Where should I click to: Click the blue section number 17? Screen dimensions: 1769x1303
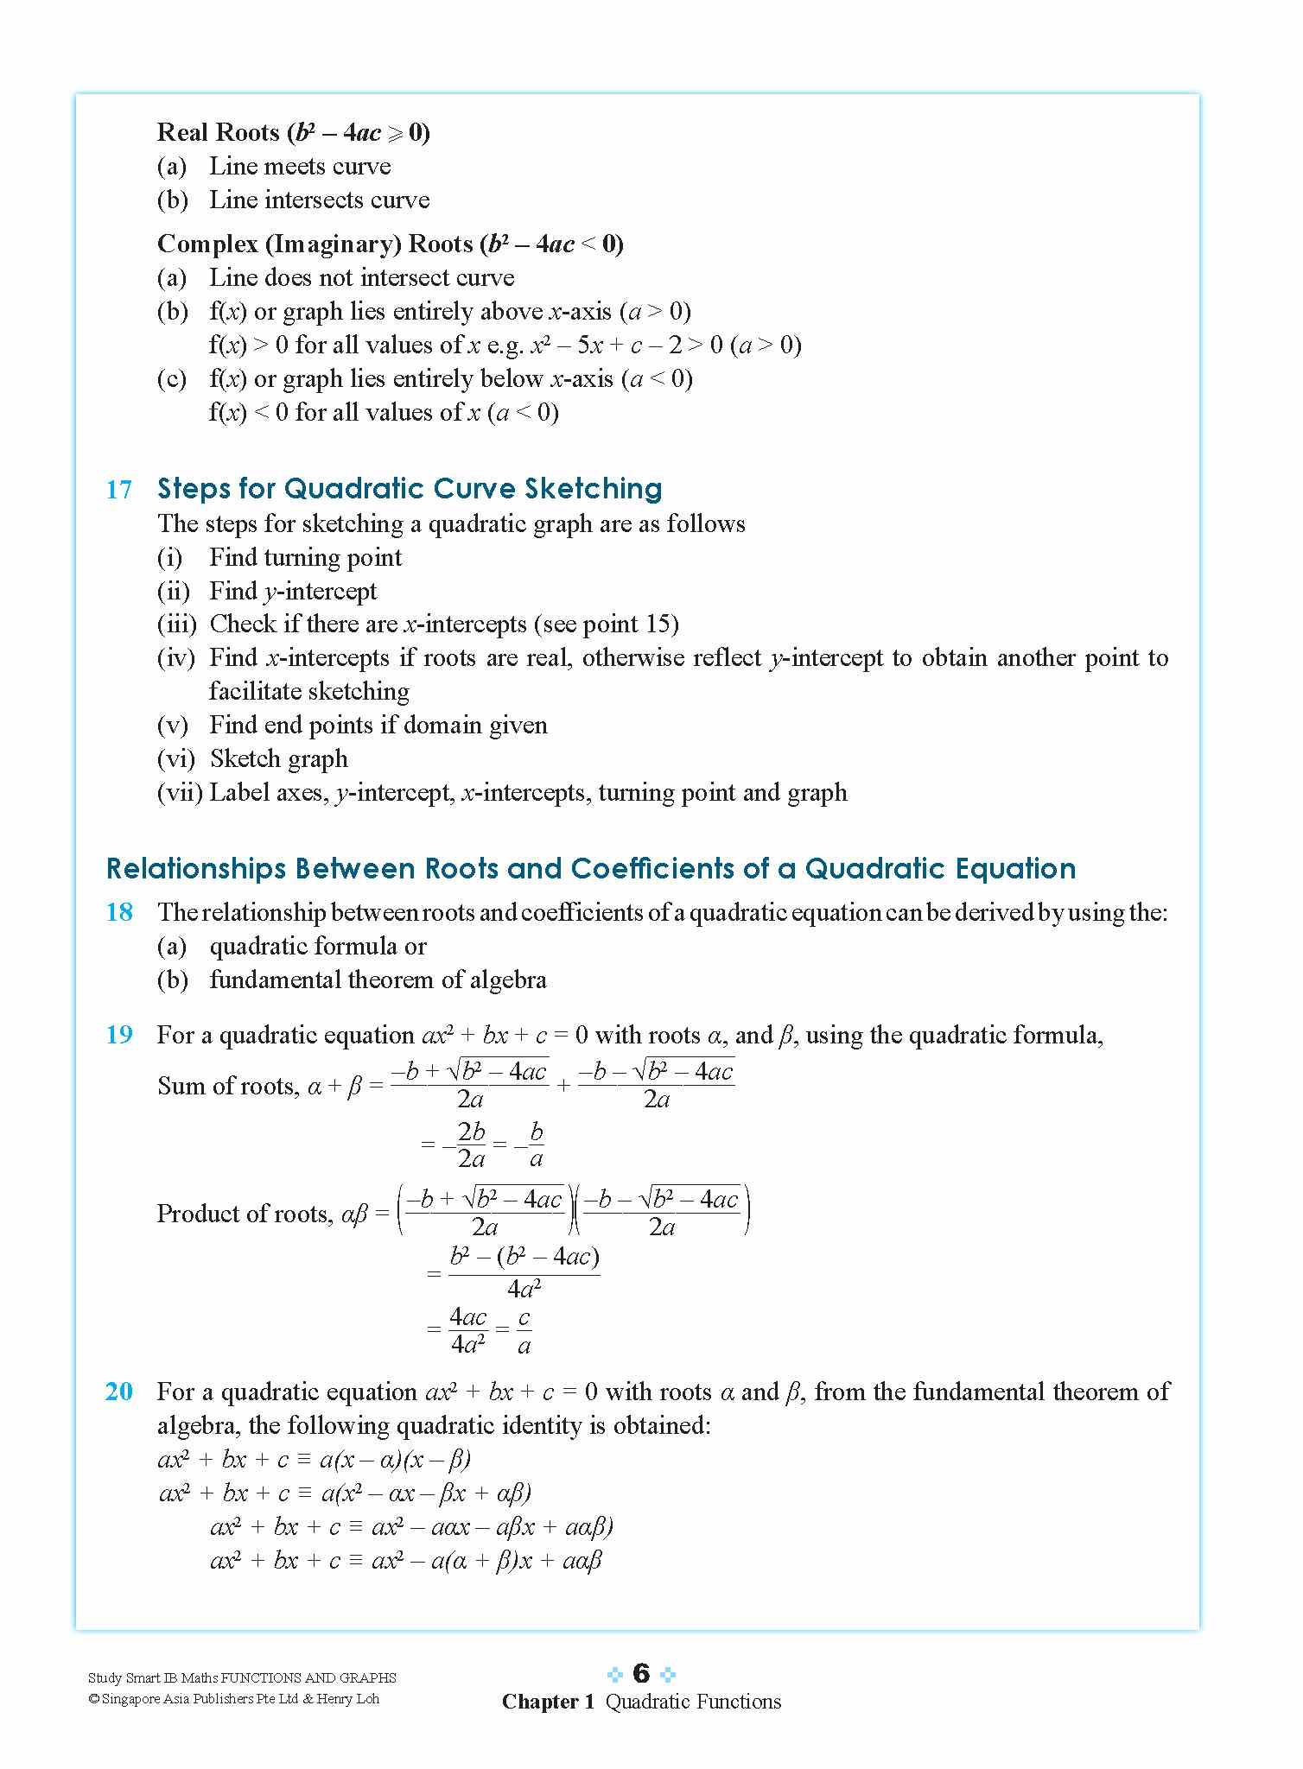pyautogui.click(x=119, y=490)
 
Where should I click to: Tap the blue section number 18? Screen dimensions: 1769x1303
pyautogui.click(x=119, y=912)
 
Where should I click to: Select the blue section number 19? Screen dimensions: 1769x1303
pyautogui.click(x=119, y=1035)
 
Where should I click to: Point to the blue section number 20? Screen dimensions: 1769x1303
pyautogui.click(x=119, y=1392)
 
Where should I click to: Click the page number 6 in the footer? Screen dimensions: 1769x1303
pyautogui.click(x=640, y=1673)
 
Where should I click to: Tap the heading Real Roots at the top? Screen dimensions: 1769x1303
pyautogui.click(x=218, y=132)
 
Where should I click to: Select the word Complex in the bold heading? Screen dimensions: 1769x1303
pyautogui.click(x=207, y=244)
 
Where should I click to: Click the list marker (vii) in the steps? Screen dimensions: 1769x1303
pyautogui.click(x=180, y=793)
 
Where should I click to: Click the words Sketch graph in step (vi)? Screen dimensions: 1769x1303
pyautogui.click(x=278, y=759)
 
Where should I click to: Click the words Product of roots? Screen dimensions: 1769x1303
pyautogui.click(x=245, y=1214)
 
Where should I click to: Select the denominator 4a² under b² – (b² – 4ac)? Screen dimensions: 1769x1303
pyautogui.click(x=524, y=1290)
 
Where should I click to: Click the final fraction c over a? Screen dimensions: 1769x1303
pyautogui.click(x=524, y=1332)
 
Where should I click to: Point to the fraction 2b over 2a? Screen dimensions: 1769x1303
pyautogui.click(x=471, y=1144)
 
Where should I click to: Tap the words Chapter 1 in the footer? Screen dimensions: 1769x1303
pyautogui.click(x=548, y=1702)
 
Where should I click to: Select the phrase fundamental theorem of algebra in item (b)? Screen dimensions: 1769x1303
pyautogui.click(x=378, y=980)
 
